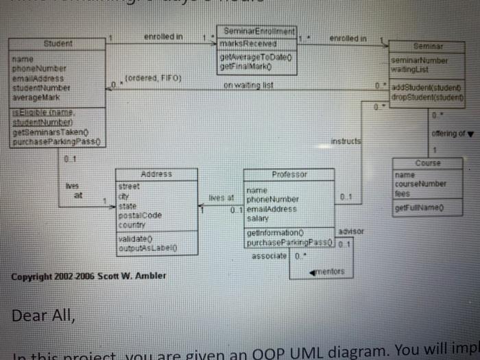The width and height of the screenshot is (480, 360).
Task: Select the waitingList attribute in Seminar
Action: pos(409,69)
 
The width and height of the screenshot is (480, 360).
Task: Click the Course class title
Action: pos(428,163)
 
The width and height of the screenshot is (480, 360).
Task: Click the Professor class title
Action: pos(289,174)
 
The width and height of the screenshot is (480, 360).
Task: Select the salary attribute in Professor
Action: pos(257,218)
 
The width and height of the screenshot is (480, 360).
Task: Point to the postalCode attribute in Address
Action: pos(140,214)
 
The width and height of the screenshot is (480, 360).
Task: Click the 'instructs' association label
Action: pos(346,139)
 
